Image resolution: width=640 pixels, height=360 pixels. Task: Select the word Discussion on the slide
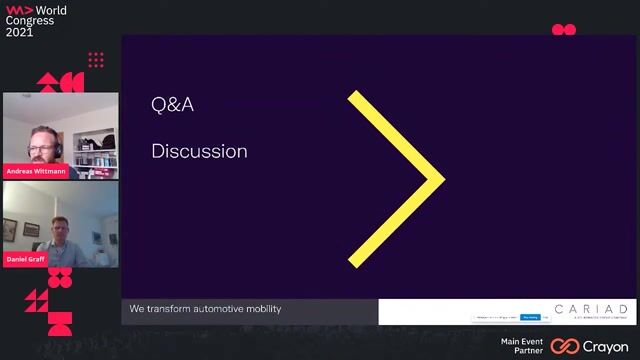(x=199, y=151)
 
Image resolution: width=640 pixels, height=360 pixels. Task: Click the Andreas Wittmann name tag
(x=38, y=170)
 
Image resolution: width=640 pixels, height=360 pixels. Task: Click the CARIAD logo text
(x=593, y=309)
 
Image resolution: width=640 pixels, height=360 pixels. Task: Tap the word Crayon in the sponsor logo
(x=606, y=346)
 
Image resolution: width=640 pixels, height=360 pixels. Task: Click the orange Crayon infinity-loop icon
(x=565, y=346)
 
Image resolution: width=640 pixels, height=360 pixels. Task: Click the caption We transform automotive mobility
(x=205, y=309)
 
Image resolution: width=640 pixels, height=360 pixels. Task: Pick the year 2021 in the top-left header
(x=19, y=31)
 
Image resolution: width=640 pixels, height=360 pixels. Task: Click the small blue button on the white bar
(x=530, y=317)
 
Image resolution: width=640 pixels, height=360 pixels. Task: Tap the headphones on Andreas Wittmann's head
(x=55, y=139)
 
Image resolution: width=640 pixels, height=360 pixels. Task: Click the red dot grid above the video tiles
(x=96, y=60)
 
